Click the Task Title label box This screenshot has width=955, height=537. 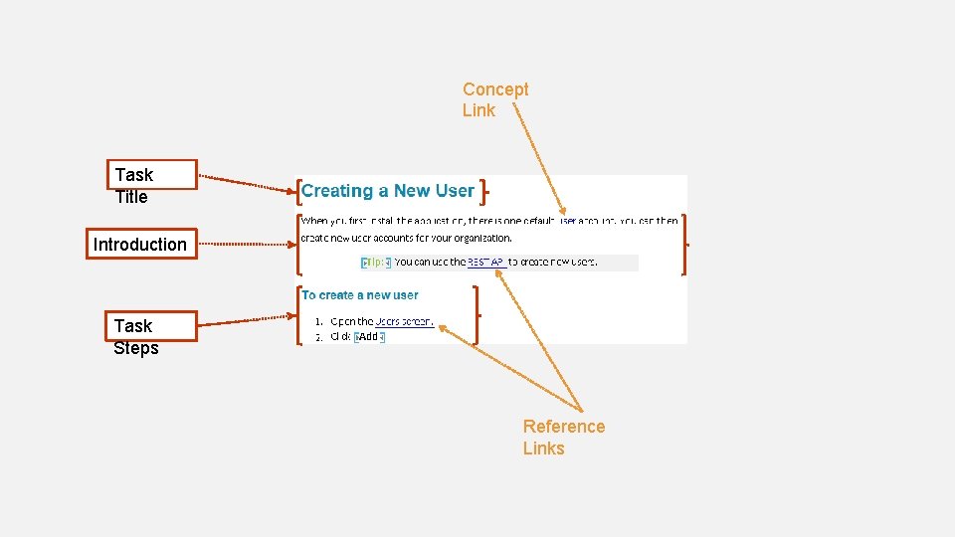coord(154,175)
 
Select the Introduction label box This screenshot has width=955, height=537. coord(139,245)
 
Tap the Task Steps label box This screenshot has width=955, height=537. coord(154,326)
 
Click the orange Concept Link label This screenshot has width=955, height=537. coord(495,99)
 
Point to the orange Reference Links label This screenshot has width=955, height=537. coord(563,437)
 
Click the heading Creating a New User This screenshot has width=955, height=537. coord(388,191)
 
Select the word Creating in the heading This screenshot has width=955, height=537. coord(337,191)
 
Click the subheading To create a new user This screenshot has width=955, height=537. coord(360,295)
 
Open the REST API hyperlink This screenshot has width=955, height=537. coord(486,263)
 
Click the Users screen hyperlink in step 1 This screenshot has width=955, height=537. coord(404,321)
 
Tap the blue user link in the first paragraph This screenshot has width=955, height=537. coord(568,221)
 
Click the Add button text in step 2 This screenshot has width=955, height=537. coord(369,337)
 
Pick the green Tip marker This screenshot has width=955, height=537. coord(375,263)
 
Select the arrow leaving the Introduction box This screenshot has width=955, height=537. coord(243,242)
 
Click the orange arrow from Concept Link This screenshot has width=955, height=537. coord(537,159)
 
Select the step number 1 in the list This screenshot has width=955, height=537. coord(317,321)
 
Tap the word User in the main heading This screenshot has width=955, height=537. coord(455,191)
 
